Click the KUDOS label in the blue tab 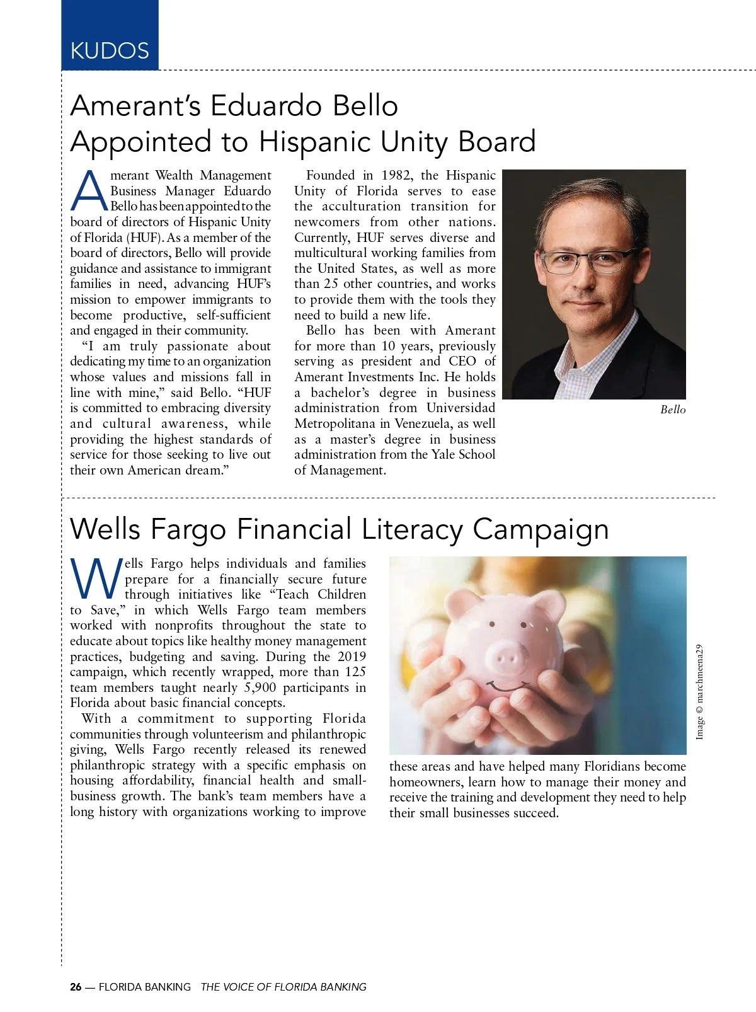point(110,50)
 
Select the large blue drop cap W point(96,578)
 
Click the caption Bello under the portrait point(672,410)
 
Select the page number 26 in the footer point(76,987)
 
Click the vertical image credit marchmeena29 point(699,692)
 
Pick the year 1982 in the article point(396,175)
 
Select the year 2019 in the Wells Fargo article point(352,657)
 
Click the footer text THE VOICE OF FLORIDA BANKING point(283,987)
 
